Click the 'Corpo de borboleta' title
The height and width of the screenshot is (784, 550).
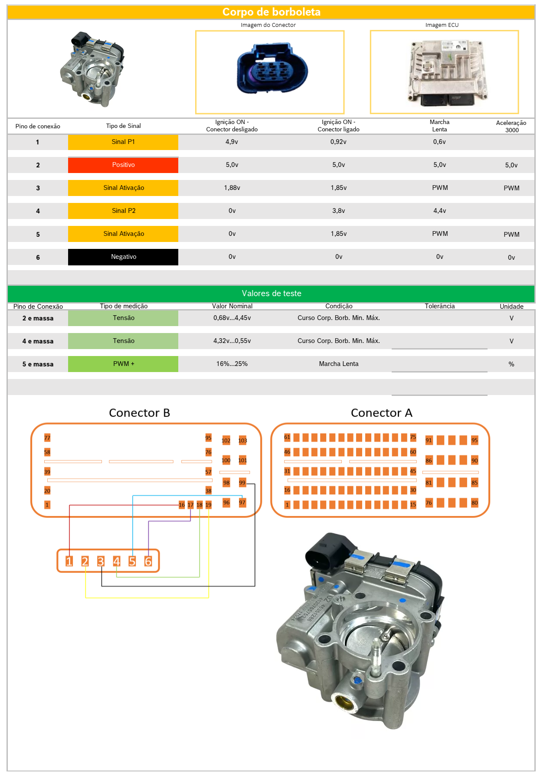(271, 12)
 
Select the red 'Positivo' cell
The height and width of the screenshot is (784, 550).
(123, 165)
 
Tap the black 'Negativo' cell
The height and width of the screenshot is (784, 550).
(123, 257)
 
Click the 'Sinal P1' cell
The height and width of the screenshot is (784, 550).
(123, 142)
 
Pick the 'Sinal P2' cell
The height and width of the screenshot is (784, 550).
(123, 211)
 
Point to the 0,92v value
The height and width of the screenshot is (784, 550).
(338, 142)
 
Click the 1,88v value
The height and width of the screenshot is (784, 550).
(232, 188)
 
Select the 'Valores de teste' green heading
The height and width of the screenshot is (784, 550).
(271, 294)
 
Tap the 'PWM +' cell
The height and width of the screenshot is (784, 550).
(123, 364)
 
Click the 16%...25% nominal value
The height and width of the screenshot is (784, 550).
(232, 364)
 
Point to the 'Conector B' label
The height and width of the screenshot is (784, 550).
(139, 413)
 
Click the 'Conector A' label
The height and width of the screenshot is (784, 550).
(381, 413)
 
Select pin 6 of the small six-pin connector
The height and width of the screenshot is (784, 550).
(148, 562)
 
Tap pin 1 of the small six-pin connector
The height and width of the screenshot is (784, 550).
(69, 562)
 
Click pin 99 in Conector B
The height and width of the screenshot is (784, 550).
(242, 483)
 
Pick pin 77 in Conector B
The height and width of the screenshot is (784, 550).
(47, 438)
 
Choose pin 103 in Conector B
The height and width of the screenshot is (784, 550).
(242, 441)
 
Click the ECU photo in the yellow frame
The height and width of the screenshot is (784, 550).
(445, 72)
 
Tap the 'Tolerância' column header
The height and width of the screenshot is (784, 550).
(439, 306)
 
